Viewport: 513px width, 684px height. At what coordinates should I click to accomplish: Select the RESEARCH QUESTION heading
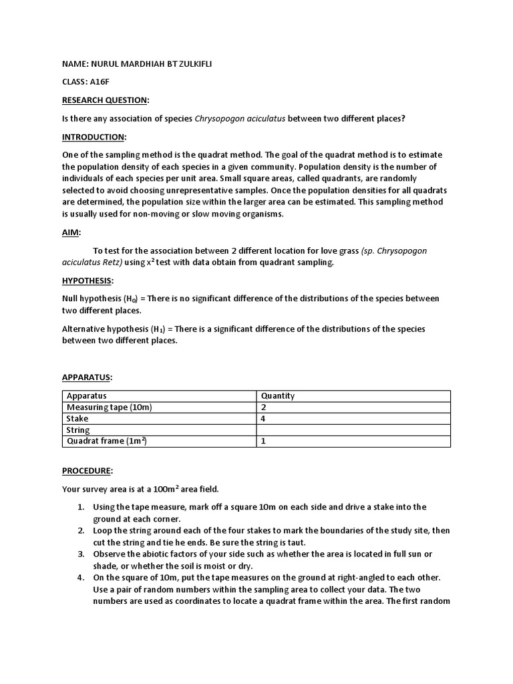point(105,100)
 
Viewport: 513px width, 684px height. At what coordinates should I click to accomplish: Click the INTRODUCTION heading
point(93,137)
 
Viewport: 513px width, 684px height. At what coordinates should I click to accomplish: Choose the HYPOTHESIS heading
point(88,280)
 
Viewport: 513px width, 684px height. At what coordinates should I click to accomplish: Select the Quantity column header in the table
point(278,396)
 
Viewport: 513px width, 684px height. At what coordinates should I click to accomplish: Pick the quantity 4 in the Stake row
point(264,419)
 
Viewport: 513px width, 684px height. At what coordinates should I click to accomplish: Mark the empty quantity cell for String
point(353,430)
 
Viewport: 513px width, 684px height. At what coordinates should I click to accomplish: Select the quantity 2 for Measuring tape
point(264,407)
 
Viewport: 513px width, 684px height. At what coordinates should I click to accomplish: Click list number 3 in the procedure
point(79,554)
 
